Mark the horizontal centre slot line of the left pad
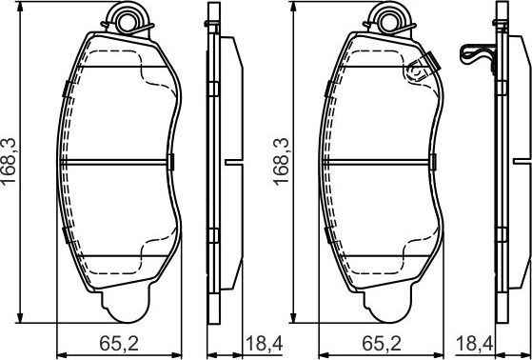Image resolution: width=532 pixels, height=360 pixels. tap(118, 161)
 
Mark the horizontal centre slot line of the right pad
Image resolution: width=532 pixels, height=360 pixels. tap(381, 161)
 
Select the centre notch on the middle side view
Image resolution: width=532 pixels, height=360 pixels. tap(229, 161)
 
